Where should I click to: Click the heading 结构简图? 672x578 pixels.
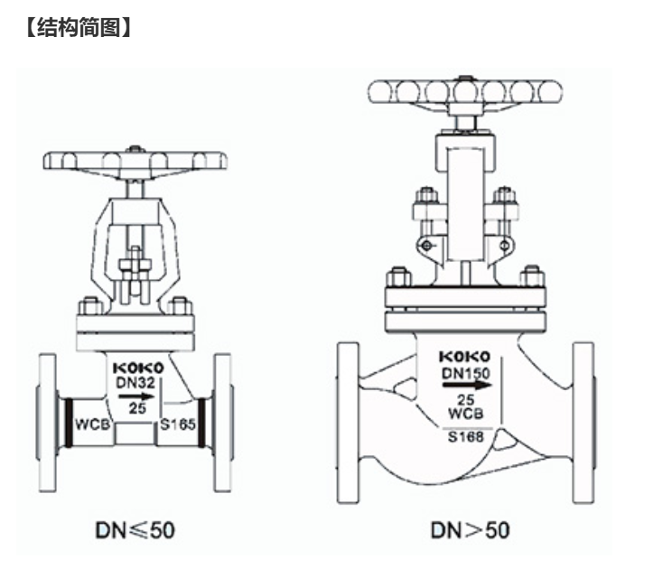79,27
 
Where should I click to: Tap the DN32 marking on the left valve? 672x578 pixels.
135,382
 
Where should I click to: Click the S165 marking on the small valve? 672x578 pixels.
178,424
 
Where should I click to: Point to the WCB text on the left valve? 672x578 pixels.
92,424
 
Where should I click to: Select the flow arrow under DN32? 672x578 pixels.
136,396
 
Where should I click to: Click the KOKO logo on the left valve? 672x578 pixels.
138,368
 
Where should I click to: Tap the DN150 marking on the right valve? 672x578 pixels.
466,373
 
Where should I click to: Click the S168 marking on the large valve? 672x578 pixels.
466,436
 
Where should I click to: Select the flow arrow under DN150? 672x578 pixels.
468,386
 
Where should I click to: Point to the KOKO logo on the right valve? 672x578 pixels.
465,356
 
